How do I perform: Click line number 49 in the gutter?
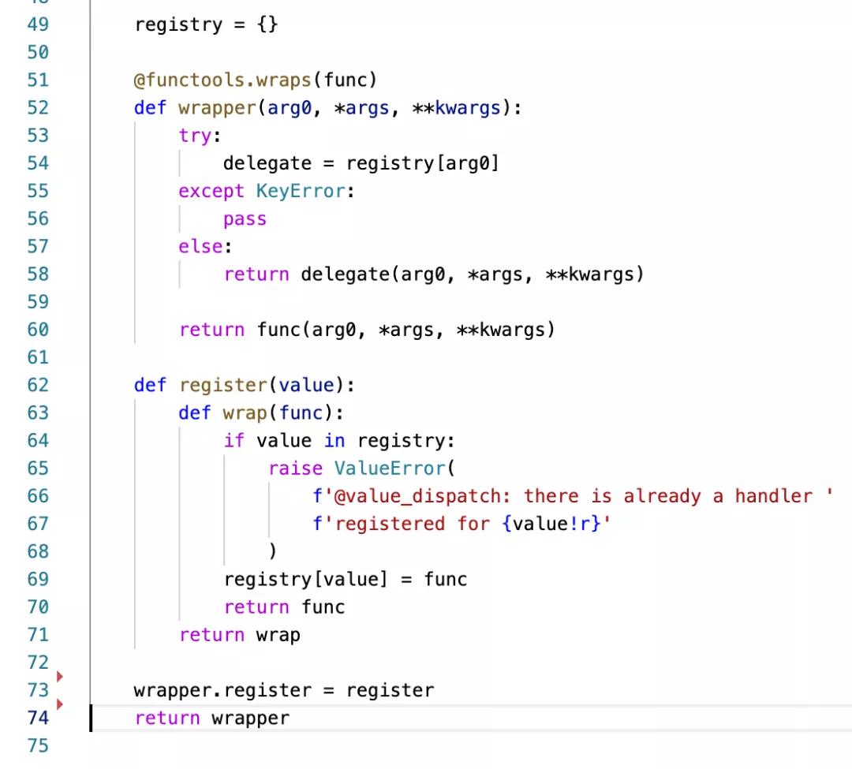point(38,24)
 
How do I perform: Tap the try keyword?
point(195,136)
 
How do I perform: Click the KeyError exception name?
point(300,191)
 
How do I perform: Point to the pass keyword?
point(245,219)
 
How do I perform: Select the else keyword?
point(200,247)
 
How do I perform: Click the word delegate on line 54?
point(267,163)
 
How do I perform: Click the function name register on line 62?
point(222,386)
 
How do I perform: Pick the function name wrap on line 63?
point(245,413)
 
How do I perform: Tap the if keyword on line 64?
point(234,441)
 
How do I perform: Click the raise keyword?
point(295,468)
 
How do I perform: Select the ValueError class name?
point(390,468)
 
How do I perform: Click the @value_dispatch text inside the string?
point(417,497)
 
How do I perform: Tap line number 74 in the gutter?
point(38,719)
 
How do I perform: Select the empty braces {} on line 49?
point(267,24)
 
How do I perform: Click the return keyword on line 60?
point(211,330)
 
